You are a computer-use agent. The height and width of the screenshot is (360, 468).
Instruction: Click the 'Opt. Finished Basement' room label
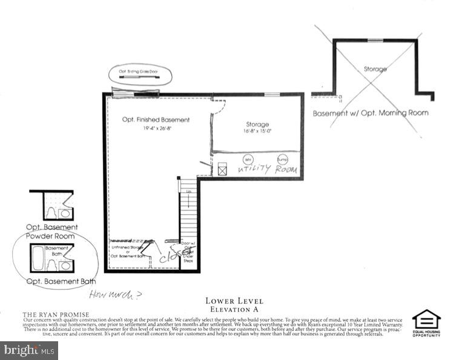pos(156,120)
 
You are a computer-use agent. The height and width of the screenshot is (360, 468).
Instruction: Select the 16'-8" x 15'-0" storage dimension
pos(257,131)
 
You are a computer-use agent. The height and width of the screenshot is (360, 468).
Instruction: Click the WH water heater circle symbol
pos(247,159)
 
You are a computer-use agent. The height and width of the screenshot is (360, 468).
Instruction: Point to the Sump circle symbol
pos(282,159)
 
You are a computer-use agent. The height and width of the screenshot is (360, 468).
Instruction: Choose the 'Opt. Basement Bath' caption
pos(61,281)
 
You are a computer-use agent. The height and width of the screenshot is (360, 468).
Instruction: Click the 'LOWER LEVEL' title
pos(234,301)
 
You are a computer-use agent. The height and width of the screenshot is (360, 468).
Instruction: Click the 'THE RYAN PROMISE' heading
pos(56,315)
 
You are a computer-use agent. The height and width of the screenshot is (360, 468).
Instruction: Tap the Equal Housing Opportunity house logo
pos(426,320)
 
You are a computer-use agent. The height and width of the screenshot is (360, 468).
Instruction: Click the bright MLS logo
pos(29,349)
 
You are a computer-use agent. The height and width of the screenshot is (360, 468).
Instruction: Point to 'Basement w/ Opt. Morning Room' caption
pos(371,113)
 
